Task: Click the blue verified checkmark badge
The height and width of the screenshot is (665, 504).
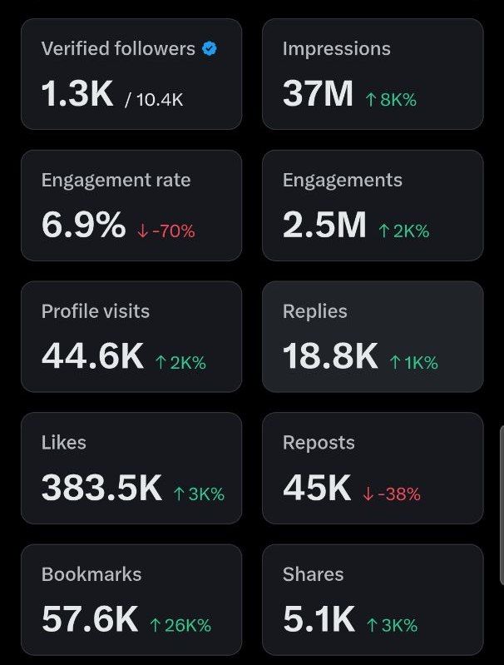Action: pyautogui.click(x=210, y=49)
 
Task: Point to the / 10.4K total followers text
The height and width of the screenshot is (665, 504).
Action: pyautogui.click(x=154, y=99)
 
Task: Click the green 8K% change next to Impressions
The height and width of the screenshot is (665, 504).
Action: pyautogui.click(x=391, y=99)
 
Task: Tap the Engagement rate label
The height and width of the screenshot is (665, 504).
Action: pyautogui.click(x=116, y=180)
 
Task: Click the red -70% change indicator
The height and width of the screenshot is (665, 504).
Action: pyautogui.click(x=166, y=231)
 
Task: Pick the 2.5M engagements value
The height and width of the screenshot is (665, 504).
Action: pyautogui.click(x=324, y=226)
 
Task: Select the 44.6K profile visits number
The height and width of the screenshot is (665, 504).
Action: pyautogui.click(x=92, y=357)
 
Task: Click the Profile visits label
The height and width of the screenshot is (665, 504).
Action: pyautogui.click(x=96, y=311)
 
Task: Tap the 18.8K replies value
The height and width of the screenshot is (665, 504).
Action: pyautogui.click(x=330, y=357)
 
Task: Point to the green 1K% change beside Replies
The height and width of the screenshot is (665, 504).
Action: pyautogui.click(x=413, y=362)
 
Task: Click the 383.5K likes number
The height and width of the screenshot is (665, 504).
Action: pyautogui.click(x=101, y=489)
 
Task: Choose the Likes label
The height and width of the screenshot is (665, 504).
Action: pyautogui.click(x=63, y=443)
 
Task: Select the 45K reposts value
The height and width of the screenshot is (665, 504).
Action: pyautogui.click(x=317, y=489)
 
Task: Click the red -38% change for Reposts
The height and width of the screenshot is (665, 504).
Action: pyautogui.click(x=392, y=494)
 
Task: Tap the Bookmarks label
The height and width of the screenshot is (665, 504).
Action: pyautogui.click(x=91, y=574)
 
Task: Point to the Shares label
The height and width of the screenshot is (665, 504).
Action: pyautogui.click(x=313, y=574)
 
